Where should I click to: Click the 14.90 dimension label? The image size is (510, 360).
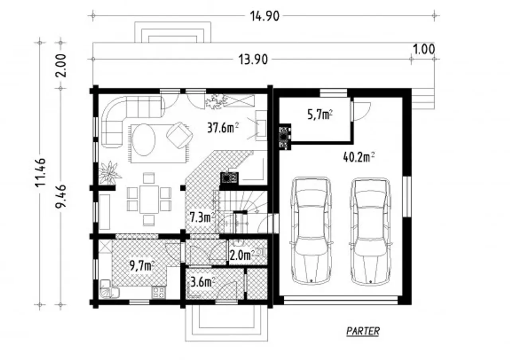pyautogui.click(x=265, y=16)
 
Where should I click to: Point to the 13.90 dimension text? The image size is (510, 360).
pyautogui.click(x=253, y=60)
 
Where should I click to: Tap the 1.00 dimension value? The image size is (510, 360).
pyautogui.click(x=424, y=49)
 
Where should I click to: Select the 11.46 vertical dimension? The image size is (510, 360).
pyautogui.click(x=41, y=172)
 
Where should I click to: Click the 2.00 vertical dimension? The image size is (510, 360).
pyautogui.click(x=61, y=66)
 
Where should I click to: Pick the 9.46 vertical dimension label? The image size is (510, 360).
pyautogui.click(x=61, y=196)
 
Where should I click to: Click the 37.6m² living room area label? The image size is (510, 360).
pyautogui.click(x=223, y=128)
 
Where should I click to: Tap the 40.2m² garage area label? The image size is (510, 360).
pyautogui.click(x=359, y=157)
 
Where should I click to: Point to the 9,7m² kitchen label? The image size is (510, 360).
pyautogui.click(x=142, y=265)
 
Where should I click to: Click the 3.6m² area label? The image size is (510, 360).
pyautogui.click(x=203, y=283)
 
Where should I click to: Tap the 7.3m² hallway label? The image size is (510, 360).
pyautogui.click(x=202, y=217)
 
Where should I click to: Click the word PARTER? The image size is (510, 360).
pyautogui.click(x=363, y=331)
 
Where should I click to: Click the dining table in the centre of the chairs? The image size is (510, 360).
pyautogui.click(x=149, y=199)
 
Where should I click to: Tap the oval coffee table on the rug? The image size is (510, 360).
pyautogui.click(x=144, y=140)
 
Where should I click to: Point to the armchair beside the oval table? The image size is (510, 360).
pyautogui.click(x=179, y=135)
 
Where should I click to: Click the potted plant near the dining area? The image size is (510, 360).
pyautogui.click(x=110, y=173)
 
